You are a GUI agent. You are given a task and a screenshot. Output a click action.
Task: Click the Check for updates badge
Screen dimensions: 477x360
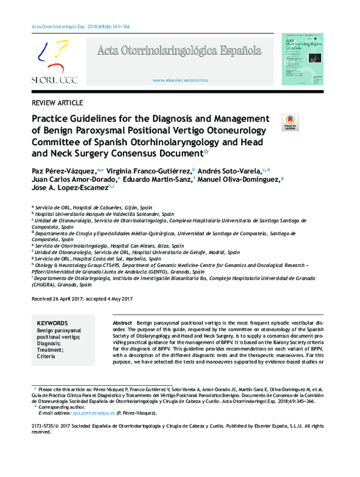pos(289,122)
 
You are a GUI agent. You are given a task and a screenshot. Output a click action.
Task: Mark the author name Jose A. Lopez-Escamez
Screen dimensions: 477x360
pos(70,188)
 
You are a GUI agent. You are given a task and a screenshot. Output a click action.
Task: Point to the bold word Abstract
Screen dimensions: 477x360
pos(122,323)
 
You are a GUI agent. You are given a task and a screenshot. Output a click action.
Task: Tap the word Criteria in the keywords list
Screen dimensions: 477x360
pos(47,356)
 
